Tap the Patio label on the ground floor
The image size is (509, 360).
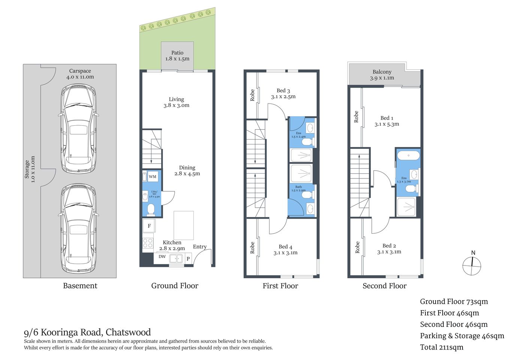(177, 53)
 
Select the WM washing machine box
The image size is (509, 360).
(153, 177)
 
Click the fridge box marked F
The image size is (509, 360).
(149, 226)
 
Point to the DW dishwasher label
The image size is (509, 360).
(162, 257)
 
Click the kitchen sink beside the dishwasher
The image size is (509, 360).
(176, 258)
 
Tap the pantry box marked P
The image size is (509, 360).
(188, 258)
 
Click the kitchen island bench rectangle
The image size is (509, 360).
(184, 225)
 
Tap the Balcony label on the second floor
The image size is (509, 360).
(382, 72)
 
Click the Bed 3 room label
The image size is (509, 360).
(283, 91)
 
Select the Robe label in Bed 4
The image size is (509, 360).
(252, 248)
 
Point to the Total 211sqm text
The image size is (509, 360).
(442, 347)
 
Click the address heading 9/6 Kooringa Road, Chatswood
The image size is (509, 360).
(87, 332)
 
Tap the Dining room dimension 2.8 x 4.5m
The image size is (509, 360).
(187, 174)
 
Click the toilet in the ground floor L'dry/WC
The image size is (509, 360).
(151, 210)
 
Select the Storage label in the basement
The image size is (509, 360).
(27, 169)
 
